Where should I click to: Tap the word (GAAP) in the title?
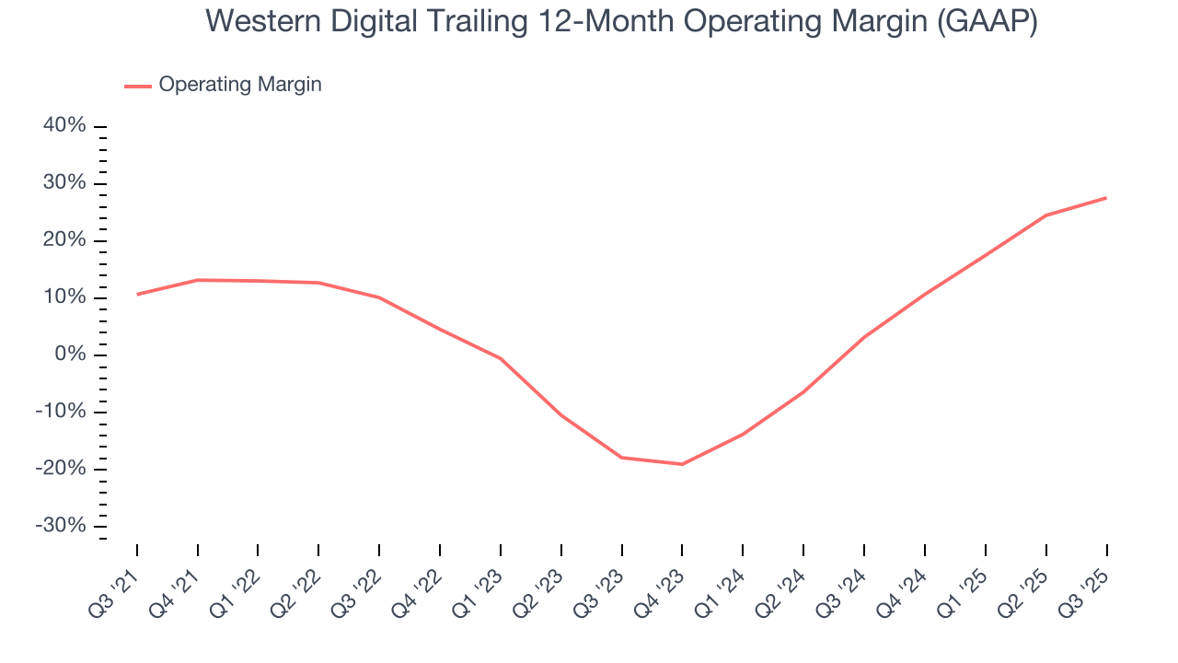[x=987, y=21]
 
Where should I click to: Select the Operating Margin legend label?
[x=240, y=85]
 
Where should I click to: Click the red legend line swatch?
[x=138, y=86]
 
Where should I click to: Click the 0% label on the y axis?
[x=70, y=355]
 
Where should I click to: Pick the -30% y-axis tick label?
[x=61, y=526]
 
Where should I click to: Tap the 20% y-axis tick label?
[x=64, y=240]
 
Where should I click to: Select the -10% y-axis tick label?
[x=61, y=412]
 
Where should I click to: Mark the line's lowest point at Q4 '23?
[x=682, y=464]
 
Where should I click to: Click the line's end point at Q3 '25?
[x=1106, y=198]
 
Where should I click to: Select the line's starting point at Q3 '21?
[x=137, y=295]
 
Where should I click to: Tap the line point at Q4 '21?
[x=198, y=280]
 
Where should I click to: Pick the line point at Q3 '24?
[x=864, y=337]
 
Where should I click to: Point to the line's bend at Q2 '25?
[x=1045, y=215]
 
